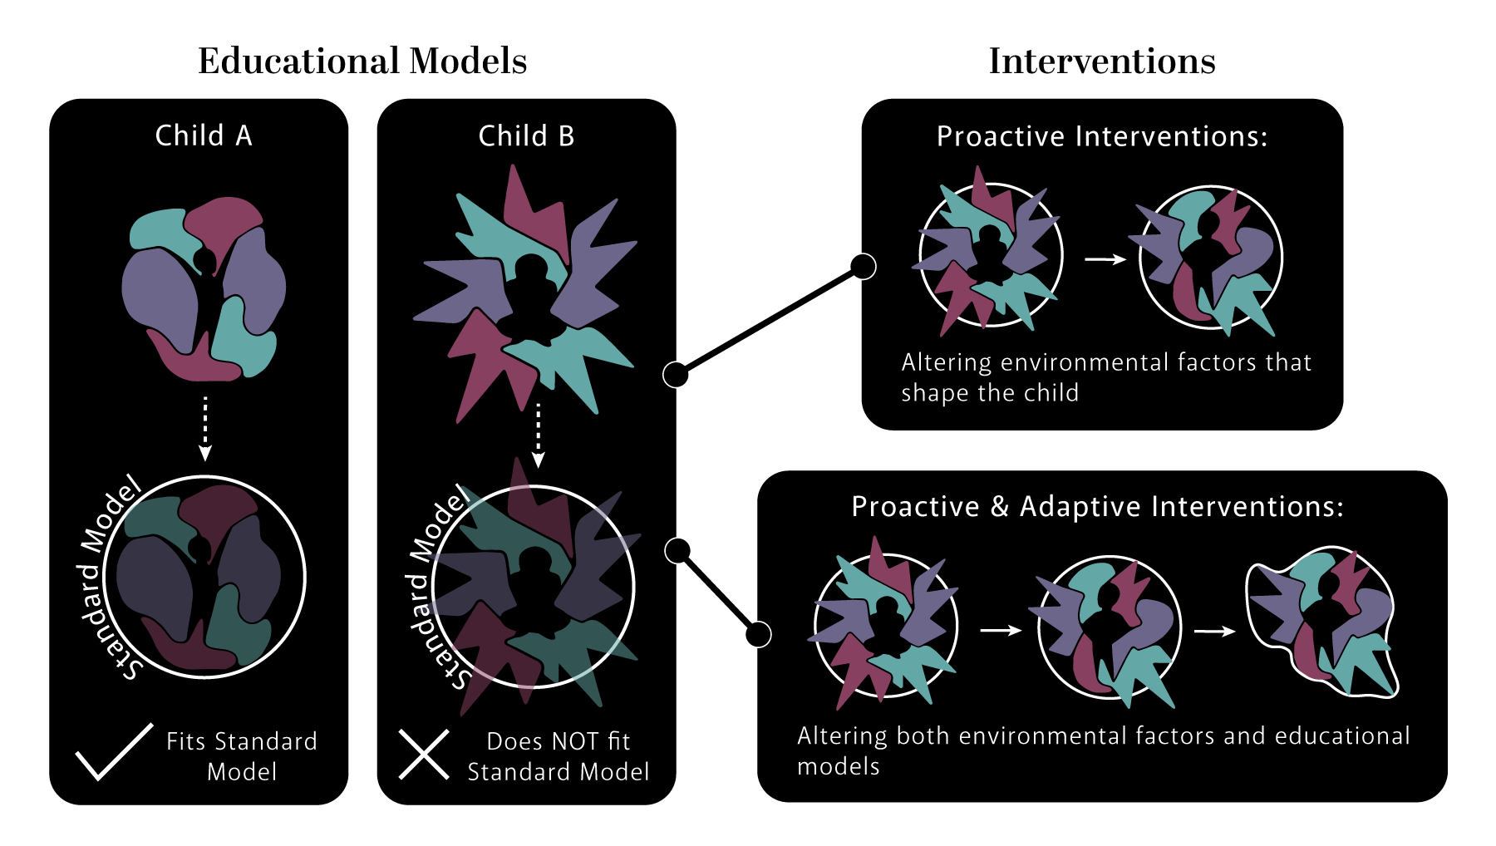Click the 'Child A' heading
[x=204, y=135]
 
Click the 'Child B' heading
[x=526, y=135]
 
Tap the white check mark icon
[x=115, y=751]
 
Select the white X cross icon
[x=424, y=755]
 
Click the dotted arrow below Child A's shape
[x=205, y=428]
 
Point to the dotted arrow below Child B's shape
[x=538, y=435]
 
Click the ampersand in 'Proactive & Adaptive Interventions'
[x=999, y=507]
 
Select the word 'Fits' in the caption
[x=185, y=741]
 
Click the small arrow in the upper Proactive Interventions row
[x=1105, y=259]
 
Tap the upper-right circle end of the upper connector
[x=863, y=267]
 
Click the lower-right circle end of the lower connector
[x=757, y=635]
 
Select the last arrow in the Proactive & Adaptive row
[x=1214, y=632]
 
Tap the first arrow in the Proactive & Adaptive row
[x=1001, y=631]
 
